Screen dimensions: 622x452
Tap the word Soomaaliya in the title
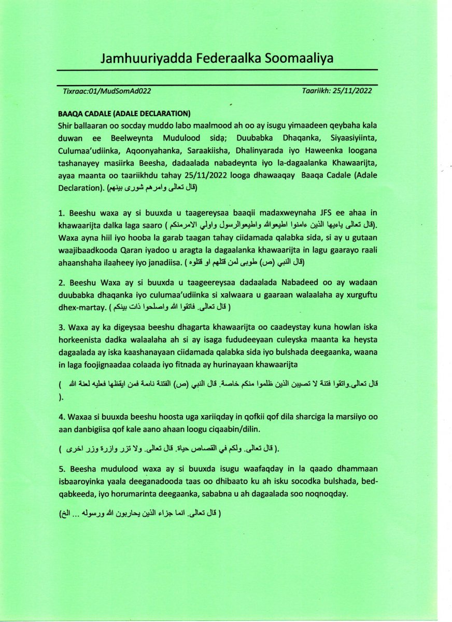click(301, 59)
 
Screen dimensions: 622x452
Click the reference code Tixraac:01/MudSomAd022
click(107, 91)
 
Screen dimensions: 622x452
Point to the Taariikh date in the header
click(336, 90)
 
